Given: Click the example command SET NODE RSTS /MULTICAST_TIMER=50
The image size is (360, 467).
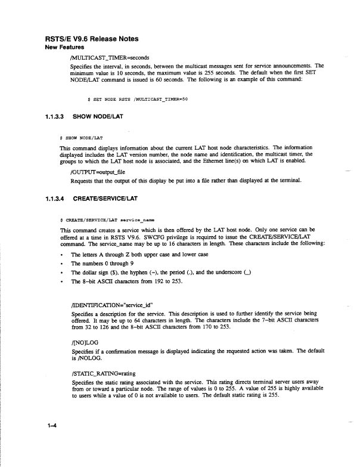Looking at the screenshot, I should (x=137, y=99).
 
